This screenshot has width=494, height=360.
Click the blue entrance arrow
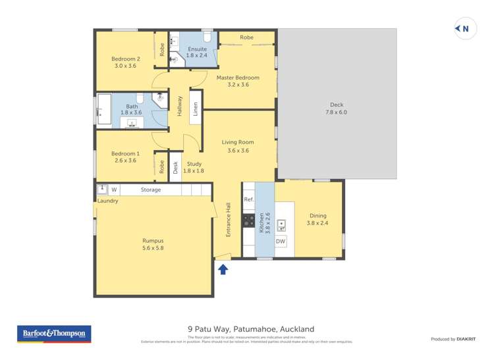tap(223, 269)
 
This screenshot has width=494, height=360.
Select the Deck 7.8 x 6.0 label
tap(336, 109)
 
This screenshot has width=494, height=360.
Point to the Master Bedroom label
tap(238, 81)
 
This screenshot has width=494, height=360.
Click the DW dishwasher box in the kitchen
tap(281, 242)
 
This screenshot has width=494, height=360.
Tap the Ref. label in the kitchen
tap(248, 199)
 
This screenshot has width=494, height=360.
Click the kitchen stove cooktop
tap(249, 221)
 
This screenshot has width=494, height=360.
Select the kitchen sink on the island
tap(281, 226)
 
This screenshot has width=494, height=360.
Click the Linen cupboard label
tap(196, 109)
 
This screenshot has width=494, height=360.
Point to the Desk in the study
tap(175, 167)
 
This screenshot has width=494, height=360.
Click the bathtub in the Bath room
tap(103, 109)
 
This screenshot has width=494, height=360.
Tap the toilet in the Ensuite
tap(207, 36)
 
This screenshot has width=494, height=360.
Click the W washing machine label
tap(113, 190)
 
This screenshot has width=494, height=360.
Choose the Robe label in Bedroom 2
tap(161, 49)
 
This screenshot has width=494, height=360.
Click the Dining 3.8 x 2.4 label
tap(317, 219)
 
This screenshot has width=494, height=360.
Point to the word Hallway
tap(179, 107)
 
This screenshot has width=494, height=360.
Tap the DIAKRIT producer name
tap(468, 339)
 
